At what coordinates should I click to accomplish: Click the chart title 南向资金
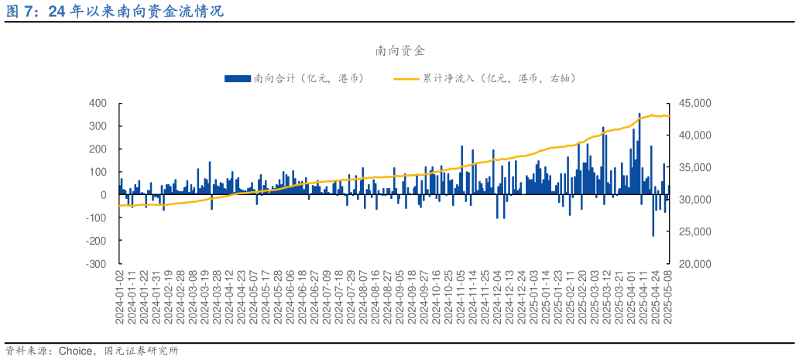click(399, 51)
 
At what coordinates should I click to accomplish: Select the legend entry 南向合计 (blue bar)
click(293, 78)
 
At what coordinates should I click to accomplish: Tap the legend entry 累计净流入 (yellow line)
click(485, 78)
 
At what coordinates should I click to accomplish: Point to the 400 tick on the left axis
click(98, 103)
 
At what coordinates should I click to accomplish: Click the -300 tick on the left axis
click(96, 263)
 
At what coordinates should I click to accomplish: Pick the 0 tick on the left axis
click(103, 195)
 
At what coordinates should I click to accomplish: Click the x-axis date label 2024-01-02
click(120, 297)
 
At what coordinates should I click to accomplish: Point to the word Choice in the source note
click(77, 351)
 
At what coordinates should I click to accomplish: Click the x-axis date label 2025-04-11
click(643, 297)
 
